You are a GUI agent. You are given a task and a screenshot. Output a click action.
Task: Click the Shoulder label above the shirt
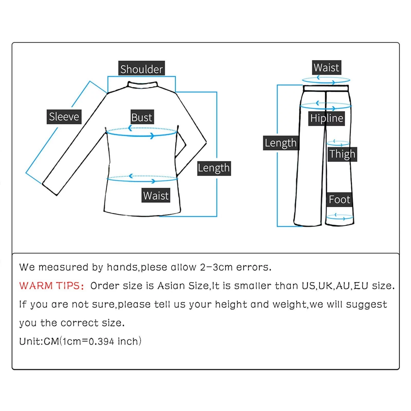click(141, 69)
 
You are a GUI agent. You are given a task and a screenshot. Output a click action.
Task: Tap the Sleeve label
click(64, 117)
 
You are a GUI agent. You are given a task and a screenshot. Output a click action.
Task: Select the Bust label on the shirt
click(142, 117)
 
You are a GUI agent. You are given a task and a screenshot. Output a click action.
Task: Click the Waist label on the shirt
click(156, 195)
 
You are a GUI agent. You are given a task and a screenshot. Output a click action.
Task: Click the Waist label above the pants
click(326, 68)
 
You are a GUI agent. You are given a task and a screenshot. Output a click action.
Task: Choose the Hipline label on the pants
click(326, 118)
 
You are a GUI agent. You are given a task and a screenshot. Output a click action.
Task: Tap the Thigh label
click(342, 154)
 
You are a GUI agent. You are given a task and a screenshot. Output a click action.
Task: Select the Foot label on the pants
click(339, 199)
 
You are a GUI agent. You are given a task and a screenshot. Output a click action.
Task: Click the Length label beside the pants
click(281, 143)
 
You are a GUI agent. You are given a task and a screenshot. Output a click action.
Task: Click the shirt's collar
click(143, 85)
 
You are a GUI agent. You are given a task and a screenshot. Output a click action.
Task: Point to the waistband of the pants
click(326, 88)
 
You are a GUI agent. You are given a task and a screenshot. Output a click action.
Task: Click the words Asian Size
click(183, 286)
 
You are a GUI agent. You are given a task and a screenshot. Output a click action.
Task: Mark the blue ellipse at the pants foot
click(340, 217)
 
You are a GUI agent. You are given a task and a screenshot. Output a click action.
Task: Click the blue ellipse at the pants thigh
click(338, 143)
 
